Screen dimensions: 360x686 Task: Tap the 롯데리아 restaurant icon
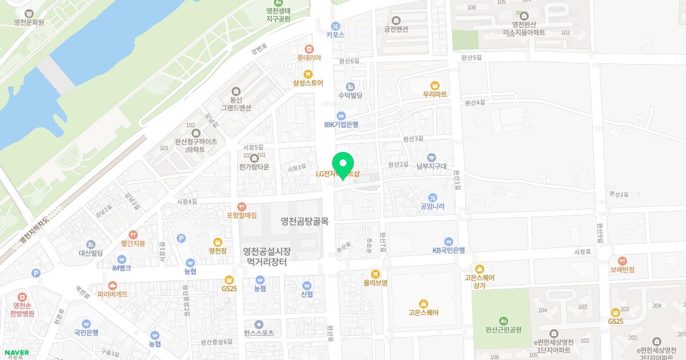pos(309,49)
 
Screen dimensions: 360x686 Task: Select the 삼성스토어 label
pos(308,83)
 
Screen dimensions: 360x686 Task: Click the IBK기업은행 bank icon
pos(341,115)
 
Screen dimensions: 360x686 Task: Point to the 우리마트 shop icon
pos(434,85)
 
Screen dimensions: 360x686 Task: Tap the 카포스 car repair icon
pos(336,26)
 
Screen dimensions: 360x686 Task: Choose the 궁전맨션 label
pos(396,29)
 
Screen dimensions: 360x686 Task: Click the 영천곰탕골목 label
pos(305,221)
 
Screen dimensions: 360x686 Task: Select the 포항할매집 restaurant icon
pos(242,207)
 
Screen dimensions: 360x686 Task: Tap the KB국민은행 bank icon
pos(449,241)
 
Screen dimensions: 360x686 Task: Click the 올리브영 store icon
pos(376,274)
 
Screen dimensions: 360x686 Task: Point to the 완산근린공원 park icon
pos(503,321)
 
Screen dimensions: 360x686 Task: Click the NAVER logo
pos(15,353)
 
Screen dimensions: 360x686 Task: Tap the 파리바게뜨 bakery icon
pos(112,285)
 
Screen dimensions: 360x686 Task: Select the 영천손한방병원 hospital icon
pos(22,297)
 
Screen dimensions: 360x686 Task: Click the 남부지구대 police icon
pos(432,157)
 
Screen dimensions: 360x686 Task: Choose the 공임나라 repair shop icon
pos(432,198)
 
